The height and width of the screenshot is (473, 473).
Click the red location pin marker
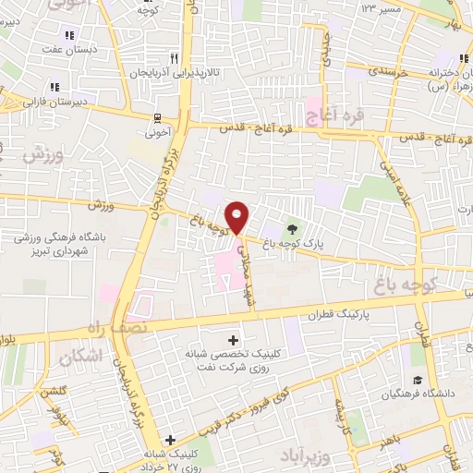coord(238,216)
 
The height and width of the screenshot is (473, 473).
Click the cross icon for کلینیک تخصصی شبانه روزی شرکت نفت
coord(234,341)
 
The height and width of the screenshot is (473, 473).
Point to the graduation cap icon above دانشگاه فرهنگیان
coord(417,380)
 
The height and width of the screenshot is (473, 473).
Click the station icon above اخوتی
coord(158,117)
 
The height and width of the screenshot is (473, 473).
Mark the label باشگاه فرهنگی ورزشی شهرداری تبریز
coord(60,244)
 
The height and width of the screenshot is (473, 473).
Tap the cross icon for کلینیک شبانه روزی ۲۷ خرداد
coord(168,440)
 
